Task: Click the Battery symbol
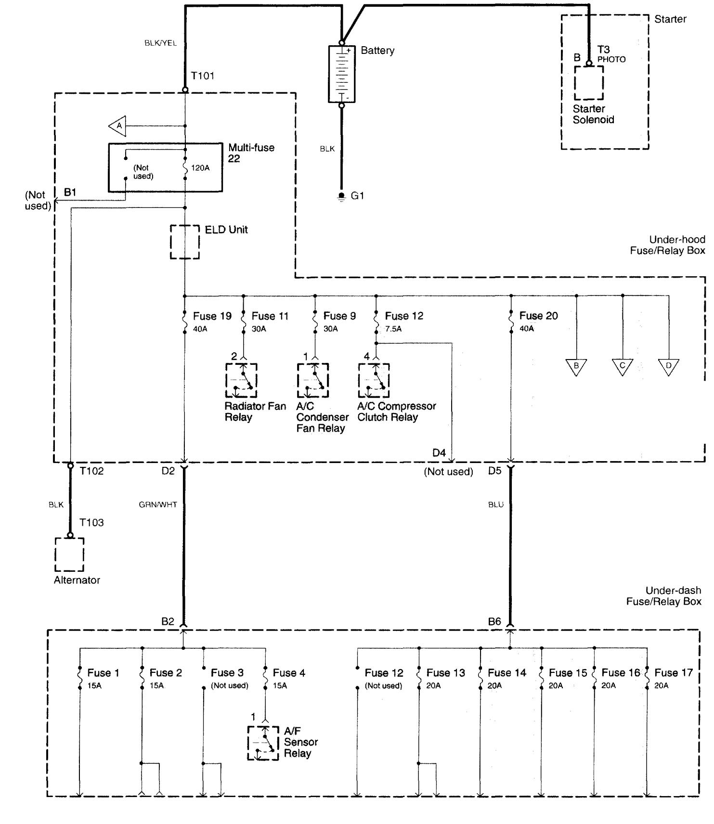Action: pyautogui.click(x=341, y=74)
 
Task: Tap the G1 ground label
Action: pyautogui.click(x=357, y=196)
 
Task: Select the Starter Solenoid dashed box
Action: pyautogui.click(x=588, y=83)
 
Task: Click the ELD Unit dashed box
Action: pyautogui.click(x=185, y=242)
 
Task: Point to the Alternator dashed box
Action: pyautogui.click(x=69, y=554)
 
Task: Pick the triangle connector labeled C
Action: pyautogui.click(x=622, y=366)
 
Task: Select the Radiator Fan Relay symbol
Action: pyautogui.click(x=241, y=380)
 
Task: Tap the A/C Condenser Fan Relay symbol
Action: pyautogui.click(x=313, y=380)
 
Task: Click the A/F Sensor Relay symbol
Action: pyautogui.click(x=263, y=743)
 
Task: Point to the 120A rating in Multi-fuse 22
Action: pyautogui.click(x=200, y=168)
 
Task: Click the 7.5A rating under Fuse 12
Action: pyautogui.click(x=393, y=329)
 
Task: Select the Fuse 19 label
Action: pyautogui.click(x=212, y=316)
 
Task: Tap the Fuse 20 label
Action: pyautogui.click(x=538, y=316)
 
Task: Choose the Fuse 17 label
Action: pyautogui.click(x=673, y=673)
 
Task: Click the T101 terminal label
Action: pyautogui.click(x=202, y=76)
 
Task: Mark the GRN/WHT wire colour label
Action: pyautogui.click(x=158, y=505)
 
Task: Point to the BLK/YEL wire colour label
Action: pyautogui.click(x=160, y=43)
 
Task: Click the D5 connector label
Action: pyautogui.click(x=494, y=471)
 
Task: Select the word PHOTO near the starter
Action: pyautogui.click(x=611, y=59)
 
